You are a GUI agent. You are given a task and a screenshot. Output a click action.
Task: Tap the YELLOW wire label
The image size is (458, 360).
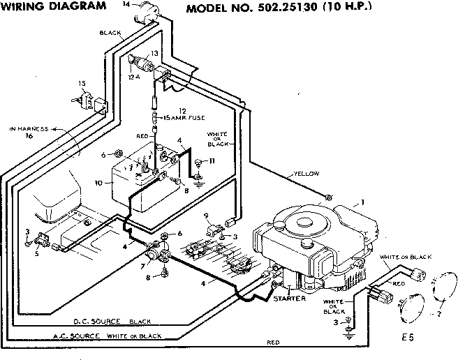306,173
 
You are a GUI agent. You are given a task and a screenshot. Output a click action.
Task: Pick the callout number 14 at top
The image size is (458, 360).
126,6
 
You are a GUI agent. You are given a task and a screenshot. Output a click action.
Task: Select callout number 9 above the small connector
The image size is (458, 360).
207,216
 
